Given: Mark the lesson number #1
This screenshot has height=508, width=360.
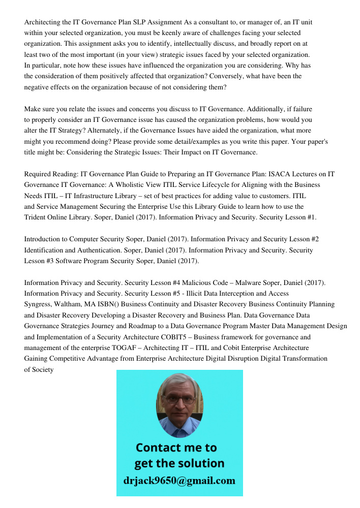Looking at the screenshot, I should point(310,217).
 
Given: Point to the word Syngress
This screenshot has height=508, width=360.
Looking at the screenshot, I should point(39,304).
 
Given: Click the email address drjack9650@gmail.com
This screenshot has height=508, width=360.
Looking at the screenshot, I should point(179,480).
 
